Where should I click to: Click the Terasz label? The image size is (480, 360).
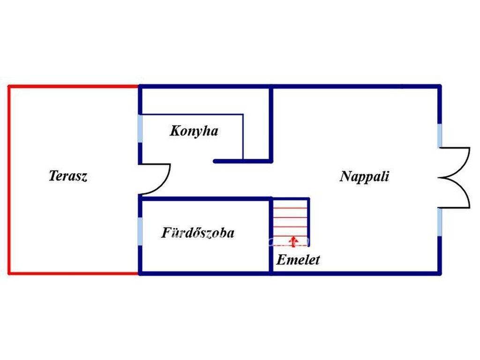[68, 176]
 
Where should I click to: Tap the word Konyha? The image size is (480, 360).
[194, 131]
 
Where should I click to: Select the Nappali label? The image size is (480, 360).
[364, 176]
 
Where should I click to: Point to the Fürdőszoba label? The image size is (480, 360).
[198, 232]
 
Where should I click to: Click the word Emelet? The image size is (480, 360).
[298, 260]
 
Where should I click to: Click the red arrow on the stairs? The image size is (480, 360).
[293, 241]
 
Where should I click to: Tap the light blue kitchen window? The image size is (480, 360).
[140, 128]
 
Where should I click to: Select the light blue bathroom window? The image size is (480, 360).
[140, 231]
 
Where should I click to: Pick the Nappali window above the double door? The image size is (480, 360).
[440, 135]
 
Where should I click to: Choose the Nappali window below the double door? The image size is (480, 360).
[440, 222]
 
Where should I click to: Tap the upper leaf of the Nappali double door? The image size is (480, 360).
[463, 162]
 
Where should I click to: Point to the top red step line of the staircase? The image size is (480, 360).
[290, 208]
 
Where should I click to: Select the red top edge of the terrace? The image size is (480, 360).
[74, 87]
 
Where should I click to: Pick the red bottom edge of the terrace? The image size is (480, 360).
[74, 273]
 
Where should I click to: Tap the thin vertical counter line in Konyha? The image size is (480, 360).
[243, 137]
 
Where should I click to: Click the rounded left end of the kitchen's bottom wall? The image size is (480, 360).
[215, 161]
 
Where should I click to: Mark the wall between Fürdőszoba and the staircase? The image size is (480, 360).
[271, 236]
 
